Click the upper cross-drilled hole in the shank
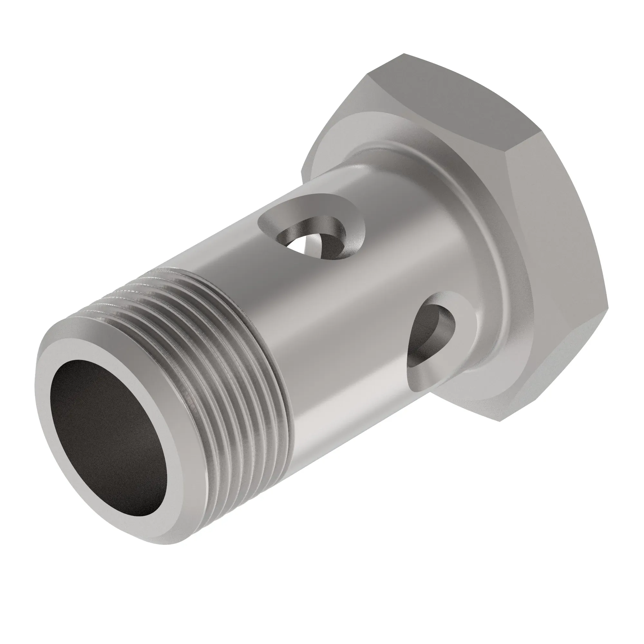coord(312,233)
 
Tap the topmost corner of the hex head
coord(404,54)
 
